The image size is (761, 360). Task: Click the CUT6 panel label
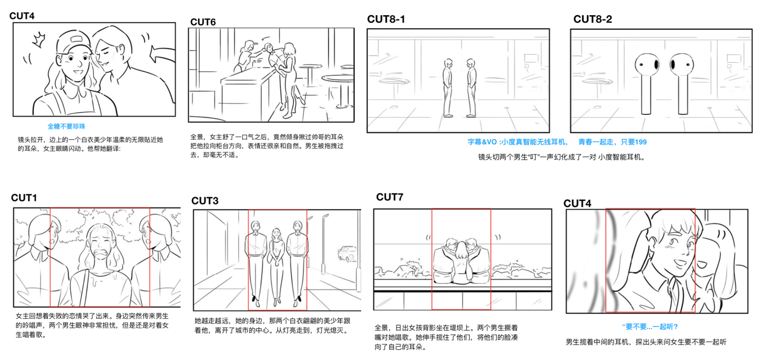click(203, 22)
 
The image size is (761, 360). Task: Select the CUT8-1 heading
click(386, 19)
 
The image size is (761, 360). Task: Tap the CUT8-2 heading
click(592, 19)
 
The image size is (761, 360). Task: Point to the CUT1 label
click(24, 198)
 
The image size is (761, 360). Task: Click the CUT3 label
click(205, 201)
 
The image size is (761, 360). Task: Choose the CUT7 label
click(389, 197)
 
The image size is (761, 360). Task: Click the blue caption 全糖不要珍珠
click(66, 126)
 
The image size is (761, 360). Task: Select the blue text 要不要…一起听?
click(650, 327)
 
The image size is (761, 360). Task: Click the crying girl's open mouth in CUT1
click(100, 256)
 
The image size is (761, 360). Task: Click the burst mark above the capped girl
click(39, 38)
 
